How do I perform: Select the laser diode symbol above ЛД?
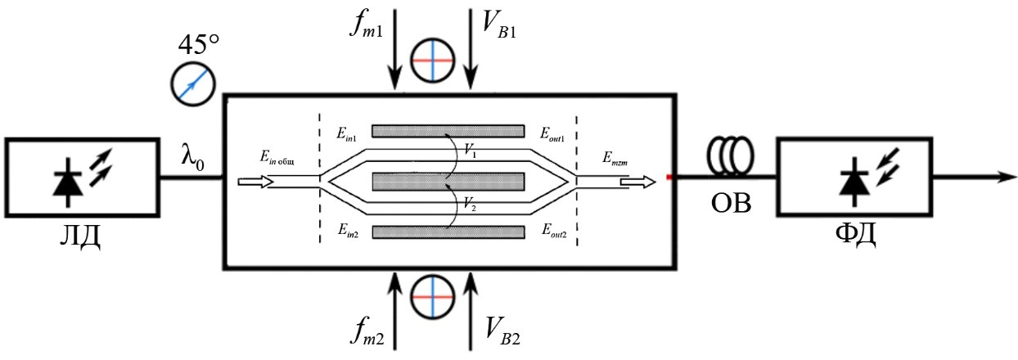[x=83, y=178]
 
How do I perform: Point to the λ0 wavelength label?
[x=194, y=155]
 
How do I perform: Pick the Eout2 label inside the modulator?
[x=556, y=232]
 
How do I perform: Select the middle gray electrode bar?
[x=448, y=181]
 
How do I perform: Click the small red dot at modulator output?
[x=669, y=177]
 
